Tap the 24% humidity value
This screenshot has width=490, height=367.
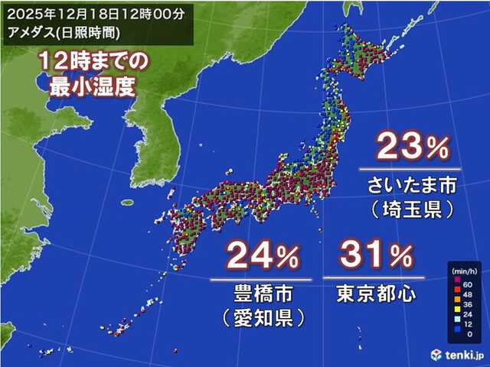click(260, 258)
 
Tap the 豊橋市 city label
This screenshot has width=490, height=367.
click(260, 292)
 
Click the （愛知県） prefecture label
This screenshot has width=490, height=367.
click(260, 316)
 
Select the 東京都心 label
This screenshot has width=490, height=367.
click(367, 292)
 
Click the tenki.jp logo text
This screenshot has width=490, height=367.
click(463, 354)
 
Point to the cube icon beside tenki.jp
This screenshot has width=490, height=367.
click(436, 354)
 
